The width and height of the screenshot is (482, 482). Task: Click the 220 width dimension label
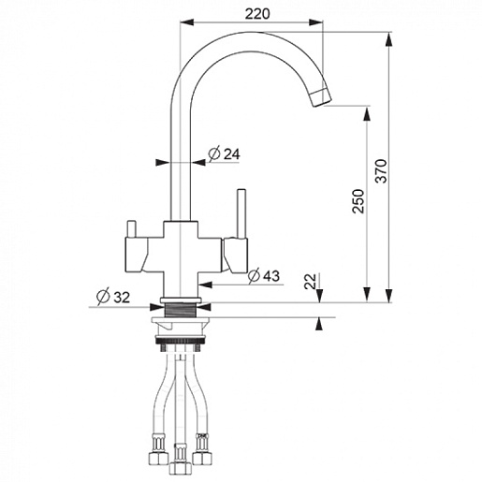[257, 14]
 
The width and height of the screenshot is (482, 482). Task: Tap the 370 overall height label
[381, 171]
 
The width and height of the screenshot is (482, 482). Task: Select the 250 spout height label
[358, 201]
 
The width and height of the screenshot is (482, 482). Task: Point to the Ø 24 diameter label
[225, 153]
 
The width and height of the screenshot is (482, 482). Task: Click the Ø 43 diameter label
[264, 276]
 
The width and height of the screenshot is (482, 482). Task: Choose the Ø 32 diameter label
[113, 297]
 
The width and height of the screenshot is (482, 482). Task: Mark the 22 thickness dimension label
[311, 282]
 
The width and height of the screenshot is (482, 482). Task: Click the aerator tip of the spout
[321, 97]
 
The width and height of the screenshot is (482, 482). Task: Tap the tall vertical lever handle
[241, 213]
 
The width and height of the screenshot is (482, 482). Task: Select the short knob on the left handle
[130, 229]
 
